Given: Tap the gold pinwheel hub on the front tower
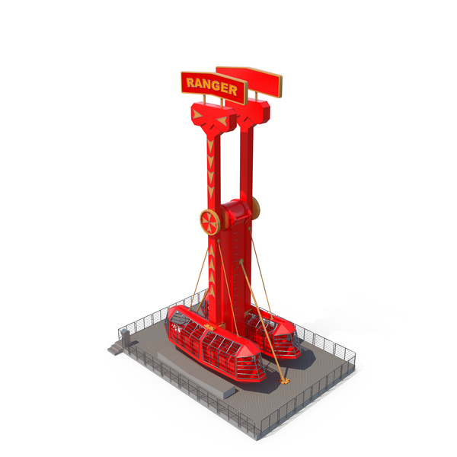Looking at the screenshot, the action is click(210, 222).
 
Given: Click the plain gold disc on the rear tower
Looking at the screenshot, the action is click(256, 207).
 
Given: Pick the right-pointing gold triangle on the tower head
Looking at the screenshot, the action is click(197, 114).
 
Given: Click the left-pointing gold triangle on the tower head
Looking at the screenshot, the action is click(222, 120).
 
